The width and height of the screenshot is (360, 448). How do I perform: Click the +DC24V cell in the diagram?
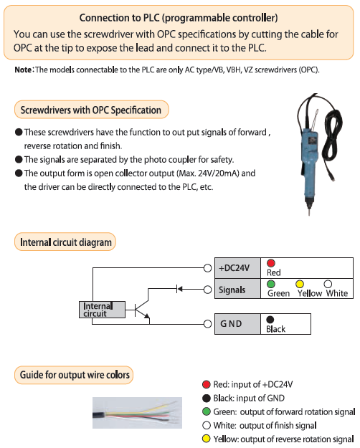pos(237,268)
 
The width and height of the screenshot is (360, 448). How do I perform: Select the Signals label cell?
pos(237,289)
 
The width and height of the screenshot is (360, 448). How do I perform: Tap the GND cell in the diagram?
pos(237,324)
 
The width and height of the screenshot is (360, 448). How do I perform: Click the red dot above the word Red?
pos(271,263)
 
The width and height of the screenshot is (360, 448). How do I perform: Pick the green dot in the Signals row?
pos(271,284)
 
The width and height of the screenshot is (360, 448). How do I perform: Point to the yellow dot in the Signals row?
pos(300,284)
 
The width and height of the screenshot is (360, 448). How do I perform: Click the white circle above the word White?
pos(328,284)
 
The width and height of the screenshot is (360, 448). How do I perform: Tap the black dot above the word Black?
pos(270,320)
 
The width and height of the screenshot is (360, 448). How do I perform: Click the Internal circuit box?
pos(102,310)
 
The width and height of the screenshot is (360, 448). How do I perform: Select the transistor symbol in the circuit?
pos(141,309)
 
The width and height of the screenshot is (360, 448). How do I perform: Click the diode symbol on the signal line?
pos(179,289)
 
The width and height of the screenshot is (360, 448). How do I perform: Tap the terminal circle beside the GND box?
pos(207,324)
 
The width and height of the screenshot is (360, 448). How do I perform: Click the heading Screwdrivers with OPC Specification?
pos(91,110)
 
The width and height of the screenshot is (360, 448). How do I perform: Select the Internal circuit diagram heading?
pos(65,242)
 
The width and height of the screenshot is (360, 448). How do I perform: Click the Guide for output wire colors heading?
pos(74,375)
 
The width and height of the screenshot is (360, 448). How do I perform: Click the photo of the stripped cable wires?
pos(137,413)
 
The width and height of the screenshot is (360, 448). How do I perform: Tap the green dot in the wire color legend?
pos(207,411)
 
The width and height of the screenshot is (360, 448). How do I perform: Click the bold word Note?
pos(23,70)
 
